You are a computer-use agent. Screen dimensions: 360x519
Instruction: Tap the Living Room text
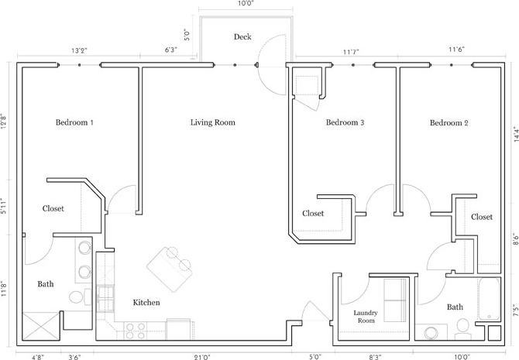tap(212, 123)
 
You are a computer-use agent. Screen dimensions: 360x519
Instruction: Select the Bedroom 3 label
tap(345, 123)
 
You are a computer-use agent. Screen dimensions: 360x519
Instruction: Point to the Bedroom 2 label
tap(449, 123)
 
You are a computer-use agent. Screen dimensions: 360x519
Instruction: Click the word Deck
tap(242, 37)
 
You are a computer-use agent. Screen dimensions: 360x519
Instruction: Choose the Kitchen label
tap(146, 303)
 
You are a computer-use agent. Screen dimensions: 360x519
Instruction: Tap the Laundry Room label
tap(365, 317)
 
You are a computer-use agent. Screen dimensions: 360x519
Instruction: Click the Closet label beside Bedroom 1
tap(53, 209)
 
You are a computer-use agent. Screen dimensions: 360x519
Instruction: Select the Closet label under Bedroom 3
tap(313, 214)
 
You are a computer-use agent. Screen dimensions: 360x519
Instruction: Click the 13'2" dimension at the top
tap(79, 51)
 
